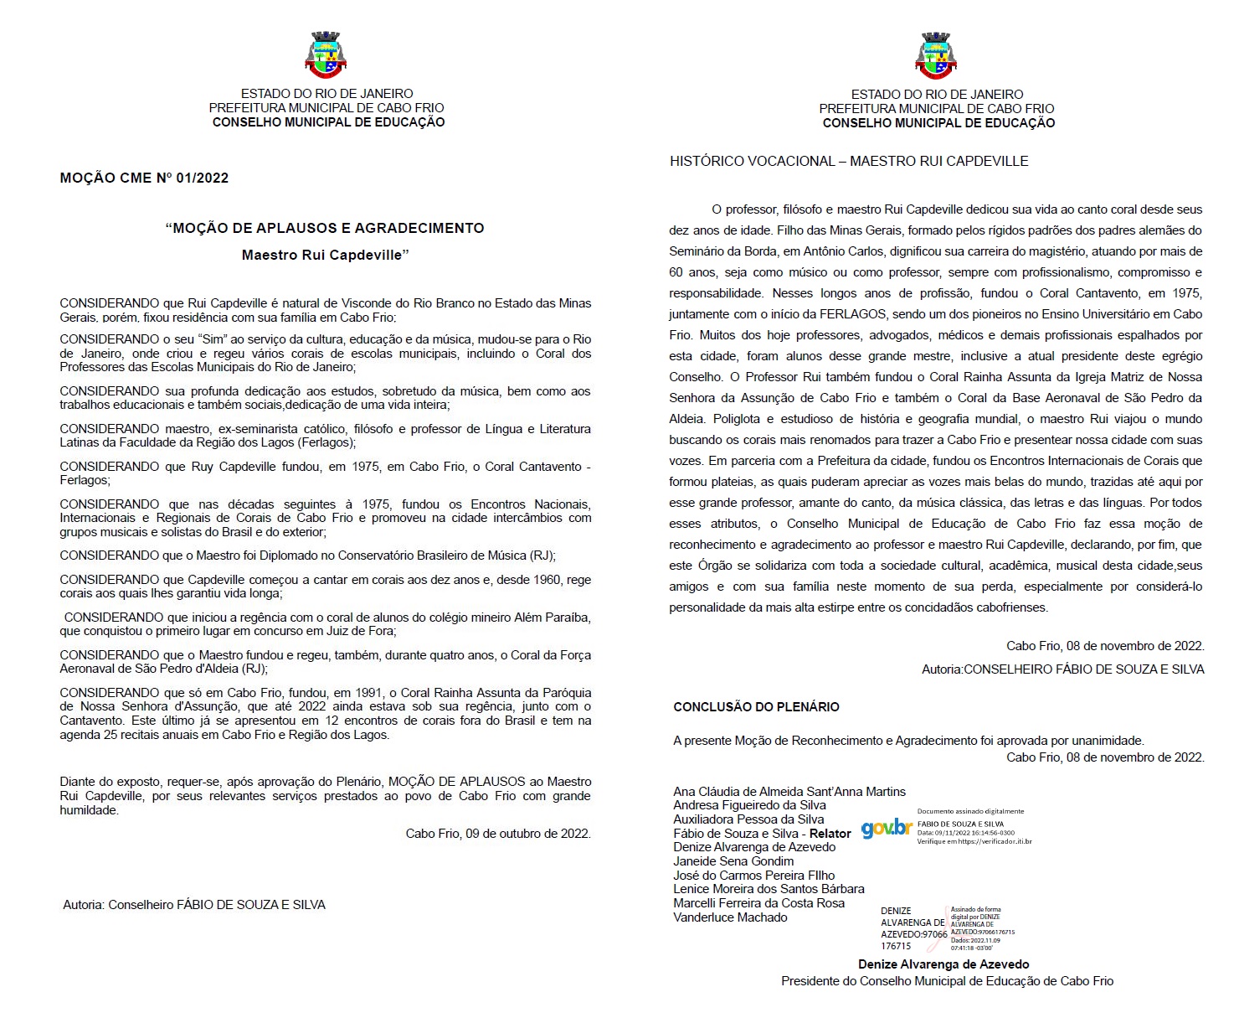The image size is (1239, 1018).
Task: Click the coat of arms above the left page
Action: (326, 55)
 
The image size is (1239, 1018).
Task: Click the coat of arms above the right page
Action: (936, 55)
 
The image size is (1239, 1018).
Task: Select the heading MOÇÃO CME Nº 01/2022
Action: (144, 178)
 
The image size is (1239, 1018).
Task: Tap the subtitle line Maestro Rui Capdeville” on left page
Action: (325, 255)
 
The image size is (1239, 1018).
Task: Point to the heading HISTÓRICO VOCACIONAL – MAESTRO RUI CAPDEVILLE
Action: (849, 161)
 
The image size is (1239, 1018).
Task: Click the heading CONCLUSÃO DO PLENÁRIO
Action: (756, 706)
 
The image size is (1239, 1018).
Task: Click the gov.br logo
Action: (887, 829)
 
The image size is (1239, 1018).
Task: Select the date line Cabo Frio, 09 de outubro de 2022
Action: (498, 834)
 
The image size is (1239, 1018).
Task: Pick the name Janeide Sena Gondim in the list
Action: (733, 861)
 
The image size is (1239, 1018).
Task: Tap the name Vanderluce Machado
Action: (730, 917)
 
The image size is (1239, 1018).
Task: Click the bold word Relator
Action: (830, 834)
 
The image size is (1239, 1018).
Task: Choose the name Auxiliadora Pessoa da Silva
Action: (748, 819)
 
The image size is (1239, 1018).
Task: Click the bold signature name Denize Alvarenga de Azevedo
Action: (943, 964)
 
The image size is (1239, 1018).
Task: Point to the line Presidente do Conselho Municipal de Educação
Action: (947, 981)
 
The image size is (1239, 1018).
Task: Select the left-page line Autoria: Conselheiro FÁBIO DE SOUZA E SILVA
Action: (194, 905)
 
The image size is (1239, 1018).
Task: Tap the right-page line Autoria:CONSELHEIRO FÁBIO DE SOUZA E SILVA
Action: (1062, 669)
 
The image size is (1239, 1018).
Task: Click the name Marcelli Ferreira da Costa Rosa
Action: (758, 903)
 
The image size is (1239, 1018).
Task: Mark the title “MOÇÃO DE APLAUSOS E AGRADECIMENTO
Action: (325, 228)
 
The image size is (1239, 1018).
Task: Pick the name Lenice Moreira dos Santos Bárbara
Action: (769, 889)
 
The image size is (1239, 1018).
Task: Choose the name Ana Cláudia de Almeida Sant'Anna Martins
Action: (789, 791)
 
